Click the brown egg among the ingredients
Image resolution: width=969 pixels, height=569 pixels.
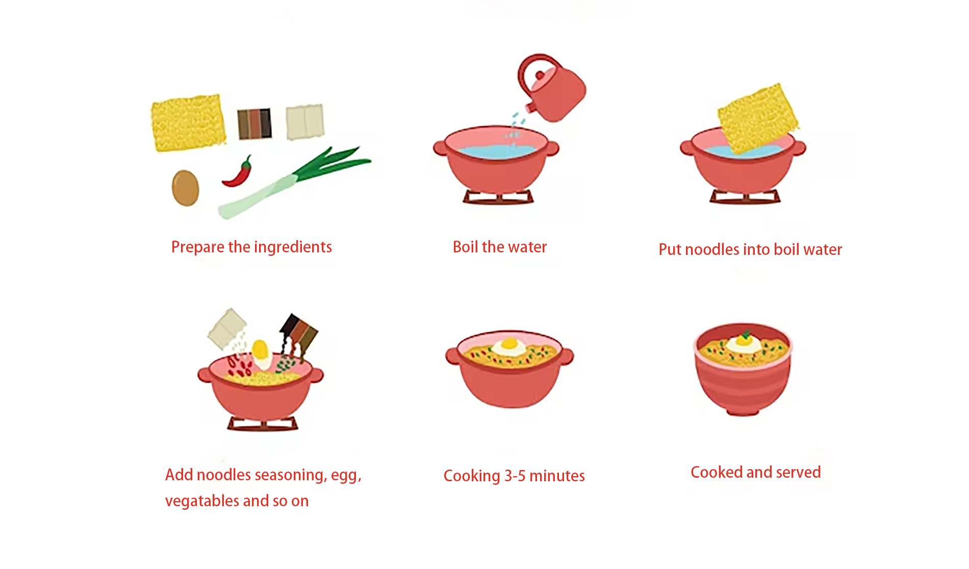pyautogui.click(x=185, y=188)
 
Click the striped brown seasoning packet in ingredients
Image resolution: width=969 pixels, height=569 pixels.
pyautogui.click(x=254, y=123)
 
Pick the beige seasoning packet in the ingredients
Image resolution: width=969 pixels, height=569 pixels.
pyautogui.click(x=305, y=122)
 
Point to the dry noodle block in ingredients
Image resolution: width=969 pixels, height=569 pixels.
pyautogui.click(x=188, y=123)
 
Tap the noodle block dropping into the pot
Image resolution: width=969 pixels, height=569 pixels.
pyautogui.click(x=758, y=118)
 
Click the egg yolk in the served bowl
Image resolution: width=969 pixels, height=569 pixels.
pyautogui.click(x=744, y=340)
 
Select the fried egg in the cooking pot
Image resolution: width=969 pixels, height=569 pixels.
pyautogui.click(x=509, y=346)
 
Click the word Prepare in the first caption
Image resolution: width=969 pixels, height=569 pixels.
pyautogui.click(x=198, y=247)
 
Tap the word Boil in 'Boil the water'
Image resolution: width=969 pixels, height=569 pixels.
pyautogui.click(x=465, y=247)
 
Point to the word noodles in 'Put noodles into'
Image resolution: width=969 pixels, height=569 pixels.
pyautogui.click(x=712, y=250)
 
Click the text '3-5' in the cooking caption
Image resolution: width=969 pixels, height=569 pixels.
pyautogui.click(x=515, y=476)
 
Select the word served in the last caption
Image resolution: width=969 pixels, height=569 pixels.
pyautogui.click(x=798, y=473)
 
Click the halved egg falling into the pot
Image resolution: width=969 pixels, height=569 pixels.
pyautogui.click(x=261, y=354)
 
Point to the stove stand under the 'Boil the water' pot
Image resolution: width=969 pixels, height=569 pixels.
pyautogui.click(x=498, y=197)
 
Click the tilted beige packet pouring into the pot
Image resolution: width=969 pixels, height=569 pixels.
pyautogui.click(x=227, y=329)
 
